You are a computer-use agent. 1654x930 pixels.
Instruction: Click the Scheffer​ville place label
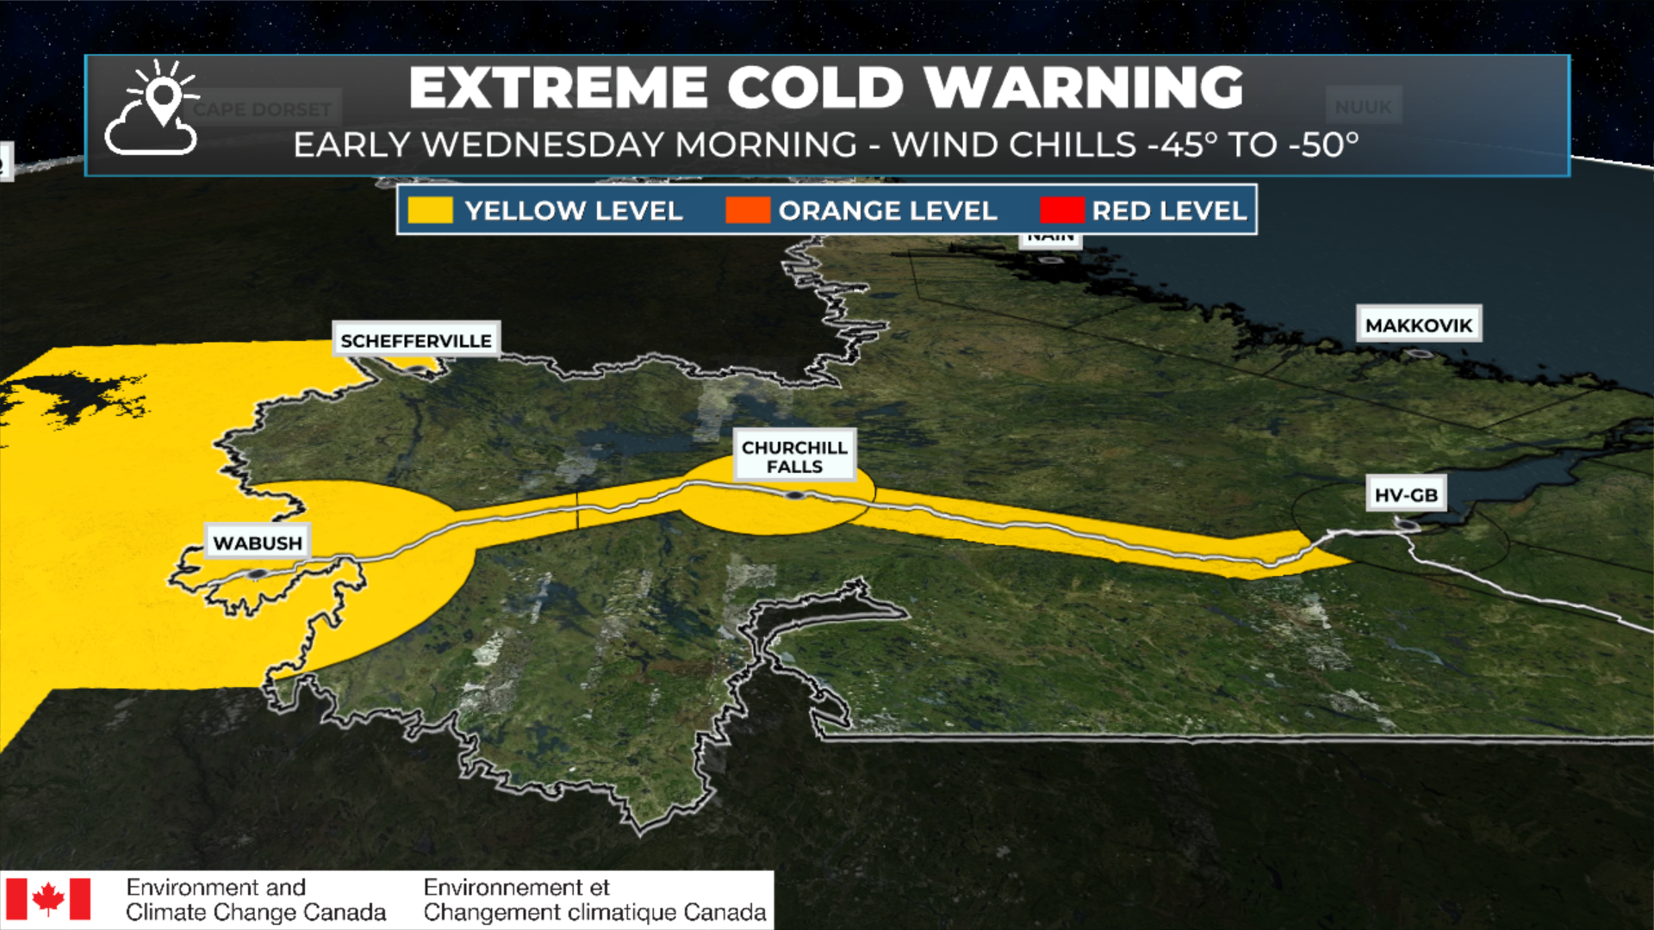[x=416, y=340]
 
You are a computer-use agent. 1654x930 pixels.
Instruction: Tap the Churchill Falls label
[x=794, y=456]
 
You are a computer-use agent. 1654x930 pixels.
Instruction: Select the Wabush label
[x=258, y=542]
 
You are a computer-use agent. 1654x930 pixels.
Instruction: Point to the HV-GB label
[x=1406, y=494]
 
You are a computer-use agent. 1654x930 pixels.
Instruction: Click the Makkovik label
[x=1419, y=325]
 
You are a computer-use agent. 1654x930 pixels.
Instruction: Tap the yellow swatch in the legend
[x=430, y=210]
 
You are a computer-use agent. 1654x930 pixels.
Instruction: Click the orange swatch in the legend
[x=747, y=210]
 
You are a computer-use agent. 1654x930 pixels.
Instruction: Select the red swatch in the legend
[x=1061, y=210]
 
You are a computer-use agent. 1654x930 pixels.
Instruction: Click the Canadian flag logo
[x=48, y=899]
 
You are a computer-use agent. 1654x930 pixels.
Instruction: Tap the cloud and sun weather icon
[x=153, y=109]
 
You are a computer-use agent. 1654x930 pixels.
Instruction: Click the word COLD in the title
[x=815, y=88]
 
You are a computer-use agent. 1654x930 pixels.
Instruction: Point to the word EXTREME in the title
[x=558, y=88]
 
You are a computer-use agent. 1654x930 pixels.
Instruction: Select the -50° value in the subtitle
[x=1323, y=145]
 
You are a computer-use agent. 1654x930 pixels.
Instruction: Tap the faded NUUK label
[x=1363, y=107]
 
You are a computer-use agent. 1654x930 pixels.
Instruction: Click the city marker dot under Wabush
[x=257, y=573]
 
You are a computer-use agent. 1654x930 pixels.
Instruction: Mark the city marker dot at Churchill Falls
[x=794, y=495]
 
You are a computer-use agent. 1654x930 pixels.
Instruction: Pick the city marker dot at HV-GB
[x=1406, y=524]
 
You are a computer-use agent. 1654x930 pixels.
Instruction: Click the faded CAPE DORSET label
[x=262, y=109]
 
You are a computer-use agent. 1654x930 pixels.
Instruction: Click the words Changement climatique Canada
[x=594, y=912]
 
